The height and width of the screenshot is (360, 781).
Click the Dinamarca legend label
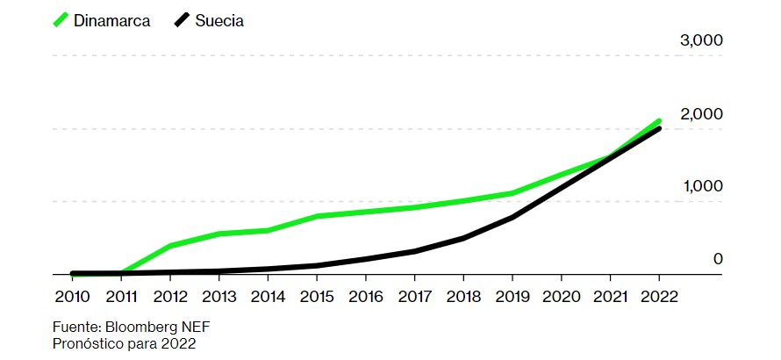[x=112, y=21]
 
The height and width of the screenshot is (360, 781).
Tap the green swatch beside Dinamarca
[x=61, y=20]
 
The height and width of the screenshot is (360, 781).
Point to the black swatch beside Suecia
[x=183, y=20]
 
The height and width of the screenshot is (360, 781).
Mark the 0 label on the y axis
[x=717, y=259]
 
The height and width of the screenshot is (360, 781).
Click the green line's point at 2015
[x=316, y=216]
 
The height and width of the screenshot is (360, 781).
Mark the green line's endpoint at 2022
[x=658, y=121]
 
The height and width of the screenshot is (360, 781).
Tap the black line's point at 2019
[x=512, y=217]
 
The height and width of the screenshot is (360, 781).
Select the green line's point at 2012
[x=170, y=245]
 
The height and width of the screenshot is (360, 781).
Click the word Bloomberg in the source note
[x=141, y=327]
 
